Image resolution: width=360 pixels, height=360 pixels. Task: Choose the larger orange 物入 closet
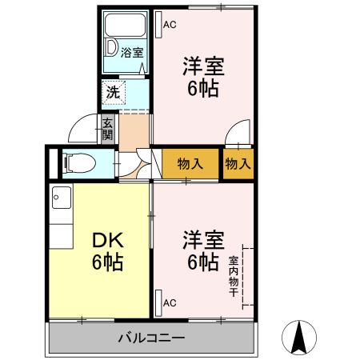pyautogui.click(x=190, y=164)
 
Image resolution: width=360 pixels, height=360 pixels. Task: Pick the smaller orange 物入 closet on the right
pyautogui.click(x=238, y=164)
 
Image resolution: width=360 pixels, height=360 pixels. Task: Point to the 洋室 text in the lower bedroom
pyautogui.click(x=202, y=239)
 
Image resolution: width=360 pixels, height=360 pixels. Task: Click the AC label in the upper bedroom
pyautogui.click(x=169, y=25)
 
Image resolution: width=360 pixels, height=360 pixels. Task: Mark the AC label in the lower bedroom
pyautogui.click(x=169, y=303)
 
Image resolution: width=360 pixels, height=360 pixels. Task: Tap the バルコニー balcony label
pyautogui.click(x=154, y=337)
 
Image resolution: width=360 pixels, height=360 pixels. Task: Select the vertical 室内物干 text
pyautogui.click(x=233, y=276)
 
